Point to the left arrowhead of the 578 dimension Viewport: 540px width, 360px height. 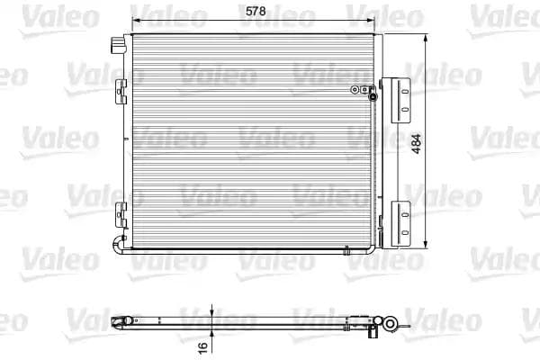136,21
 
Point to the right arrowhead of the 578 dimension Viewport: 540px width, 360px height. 376,21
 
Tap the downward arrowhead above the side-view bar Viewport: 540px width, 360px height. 211,312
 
